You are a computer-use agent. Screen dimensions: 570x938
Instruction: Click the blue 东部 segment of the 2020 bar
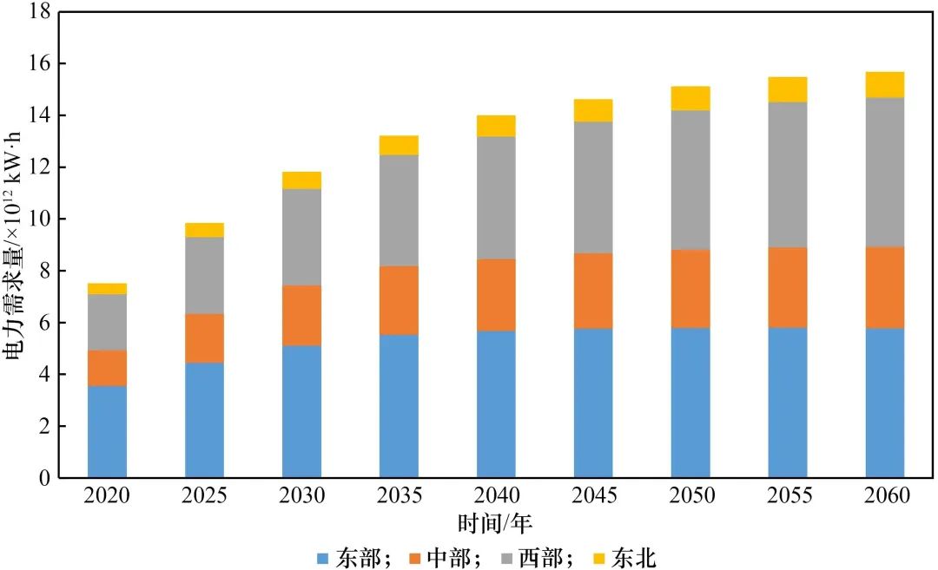click(x=107, y=431)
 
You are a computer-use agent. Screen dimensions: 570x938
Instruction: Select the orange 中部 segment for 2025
click(x=204, y=338)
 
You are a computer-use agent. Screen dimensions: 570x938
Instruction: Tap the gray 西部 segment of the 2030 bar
click(x=301, y=237)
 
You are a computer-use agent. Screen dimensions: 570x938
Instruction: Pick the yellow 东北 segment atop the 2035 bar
click(x=399, y=145)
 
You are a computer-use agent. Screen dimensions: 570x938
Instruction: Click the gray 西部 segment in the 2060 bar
click(x=884, y=172)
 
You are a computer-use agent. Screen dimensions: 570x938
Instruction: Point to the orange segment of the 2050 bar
click(x=690, y=288)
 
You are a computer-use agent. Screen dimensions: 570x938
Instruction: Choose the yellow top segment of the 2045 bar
click(x=593, y=110)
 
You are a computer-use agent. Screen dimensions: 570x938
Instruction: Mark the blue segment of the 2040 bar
click(x=496, y=404)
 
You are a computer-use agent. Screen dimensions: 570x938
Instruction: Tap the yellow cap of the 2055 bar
click(x=788, y=89)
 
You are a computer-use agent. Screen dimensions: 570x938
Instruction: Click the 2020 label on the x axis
click(x=107, y=496)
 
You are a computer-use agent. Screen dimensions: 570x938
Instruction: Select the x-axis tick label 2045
click(x=593, y=496)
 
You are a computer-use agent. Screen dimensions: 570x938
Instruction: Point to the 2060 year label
click(x=884, y=496)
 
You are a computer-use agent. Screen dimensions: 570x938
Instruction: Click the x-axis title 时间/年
click(x=495, y=523)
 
